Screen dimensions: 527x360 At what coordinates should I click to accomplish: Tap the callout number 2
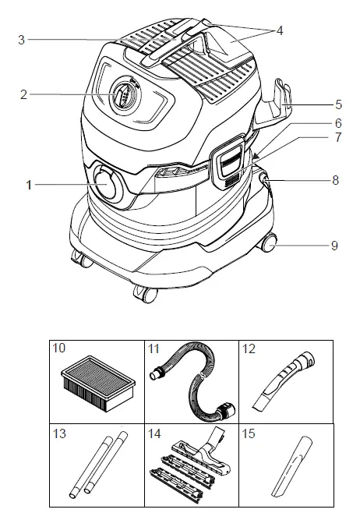[24, 94]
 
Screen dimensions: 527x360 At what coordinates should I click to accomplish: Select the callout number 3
[22, 39]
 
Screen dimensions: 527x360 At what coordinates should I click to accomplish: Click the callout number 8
[336, 180]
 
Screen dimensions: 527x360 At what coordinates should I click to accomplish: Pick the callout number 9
[334, 246]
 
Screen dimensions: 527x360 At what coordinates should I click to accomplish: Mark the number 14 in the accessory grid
[154, 433]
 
